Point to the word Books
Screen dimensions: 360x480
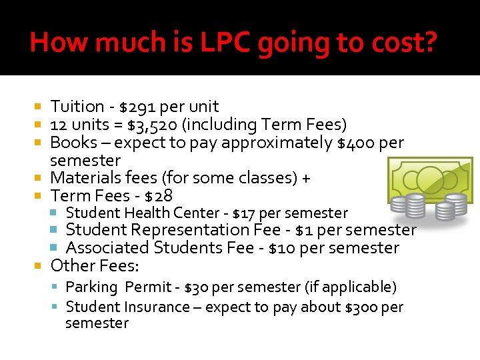(71, 143)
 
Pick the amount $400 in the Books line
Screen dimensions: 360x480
(356, 143)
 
